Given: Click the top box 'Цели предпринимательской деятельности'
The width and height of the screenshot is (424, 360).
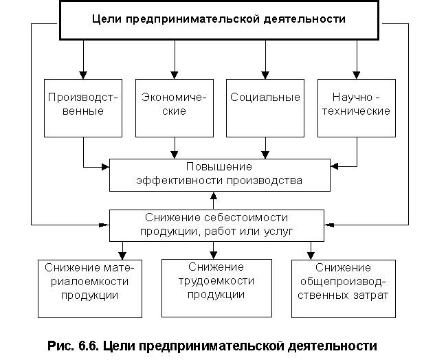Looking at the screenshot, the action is (219, 20).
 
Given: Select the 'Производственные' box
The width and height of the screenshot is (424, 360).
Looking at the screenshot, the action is (83, 108).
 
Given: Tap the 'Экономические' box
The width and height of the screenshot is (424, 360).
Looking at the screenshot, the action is (175, 108).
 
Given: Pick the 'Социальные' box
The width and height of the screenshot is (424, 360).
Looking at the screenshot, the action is (265, 108).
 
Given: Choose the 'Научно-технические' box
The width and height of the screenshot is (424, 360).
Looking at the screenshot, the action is (357, 108).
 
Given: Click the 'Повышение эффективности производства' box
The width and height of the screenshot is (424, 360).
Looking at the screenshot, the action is (220, 175).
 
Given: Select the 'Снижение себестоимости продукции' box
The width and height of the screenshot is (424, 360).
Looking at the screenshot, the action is (216, 225).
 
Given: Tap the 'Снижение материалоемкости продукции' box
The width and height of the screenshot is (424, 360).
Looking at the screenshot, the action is (90, 289).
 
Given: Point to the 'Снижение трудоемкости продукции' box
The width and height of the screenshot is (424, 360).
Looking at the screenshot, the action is (216, 288).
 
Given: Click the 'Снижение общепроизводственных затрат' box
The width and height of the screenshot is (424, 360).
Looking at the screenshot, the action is (344, 289).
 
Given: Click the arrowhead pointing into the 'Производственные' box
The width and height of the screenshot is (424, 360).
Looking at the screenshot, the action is (83, 75).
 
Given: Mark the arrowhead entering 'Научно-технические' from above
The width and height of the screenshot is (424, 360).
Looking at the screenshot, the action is (357, 75).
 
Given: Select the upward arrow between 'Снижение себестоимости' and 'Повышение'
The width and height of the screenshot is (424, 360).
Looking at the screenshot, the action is (214, 201).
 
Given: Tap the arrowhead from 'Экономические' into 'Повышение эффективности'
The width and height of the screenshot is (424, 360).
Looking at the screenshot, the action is (175, 155).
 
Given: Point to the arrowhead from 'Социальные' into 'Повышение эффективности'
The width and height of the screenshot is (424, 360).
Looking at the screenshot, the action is (265, 155).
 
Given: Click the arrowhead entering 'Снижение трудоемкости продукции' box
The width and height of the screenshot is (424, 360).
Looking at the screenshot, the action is (214, 256).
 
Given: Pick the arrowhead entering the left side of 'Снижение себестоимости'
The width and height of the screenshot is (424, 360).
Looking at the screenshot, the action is (104, 225).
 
